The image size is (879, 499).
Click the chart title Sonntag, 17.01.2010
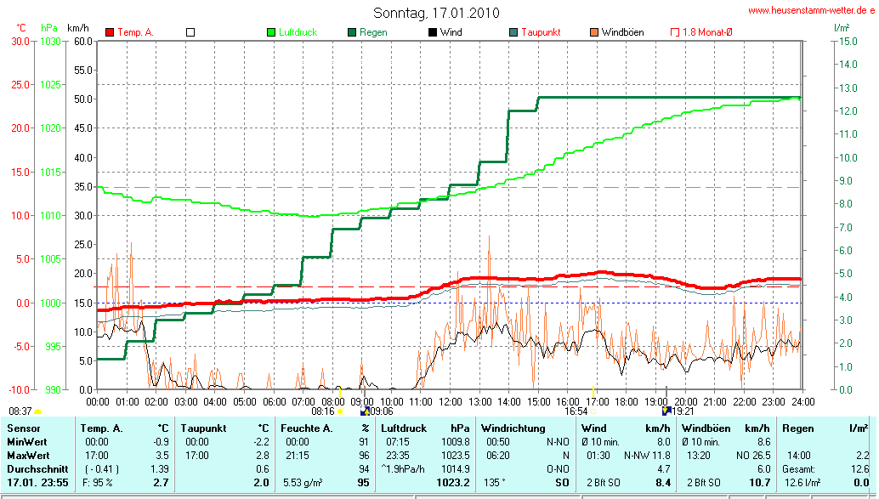click(436, 13)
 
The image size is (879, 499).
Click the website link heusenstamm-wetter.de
click(811, 11)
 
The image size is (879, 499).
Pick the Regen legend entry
click(373, 32)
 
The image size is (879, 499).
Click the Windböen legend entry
click(622, 32)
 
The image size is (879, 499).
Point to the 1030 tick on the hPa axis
click(51, 41)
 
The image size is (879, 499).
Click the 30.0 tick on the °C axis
click(19, 41)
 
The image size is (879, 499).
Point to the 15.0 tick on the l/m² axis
click(847, 41)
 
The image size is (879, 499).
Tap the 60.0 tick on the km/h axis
click(82, 41)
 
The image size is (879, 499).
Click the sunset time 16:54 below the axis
click(576, 410)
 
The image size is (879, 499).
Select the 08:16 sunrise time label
click(323, 410)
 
